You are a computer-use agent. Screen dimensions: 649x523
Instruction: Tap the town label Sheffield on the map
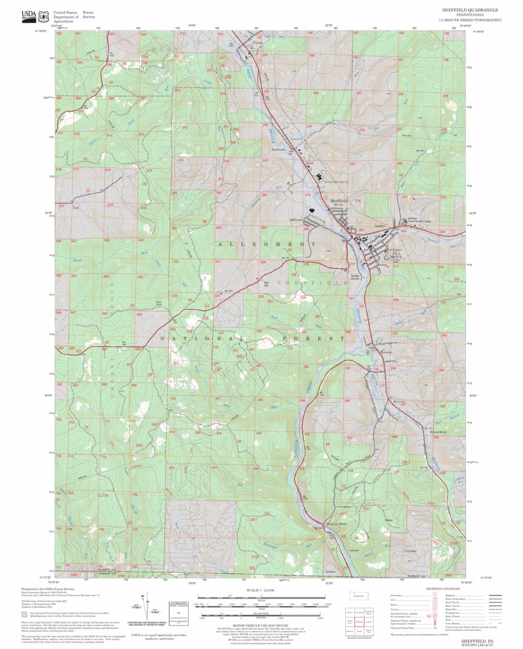(x=339, y=200)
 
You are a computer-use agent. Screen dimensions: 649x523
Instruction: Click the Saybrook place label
(x=277, y=149)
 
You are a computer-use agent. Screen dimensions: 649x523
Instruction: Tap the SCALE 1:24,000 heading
(x=261, y=590)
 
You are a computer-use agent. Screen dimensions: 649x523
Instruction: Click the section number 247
(x=352, y=164)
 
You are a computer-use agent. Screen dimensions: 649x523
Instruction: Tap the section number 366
(x=306, y=367)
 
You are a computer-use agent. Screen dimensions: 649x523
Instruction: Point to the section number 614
(x=142, y=134)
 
